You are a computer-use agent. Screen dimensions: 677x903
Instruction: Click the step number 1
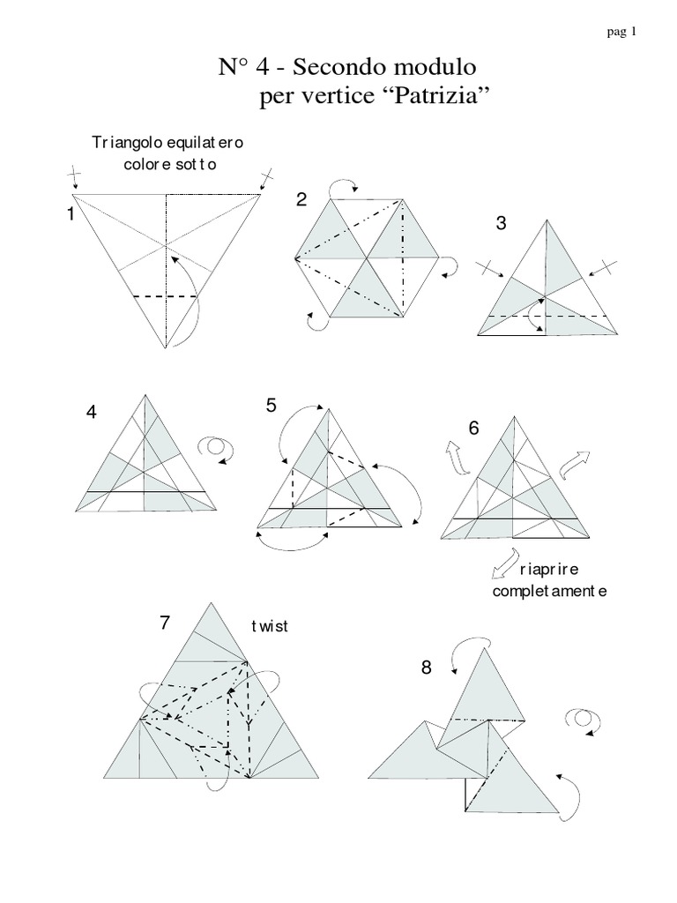tap(69, 213)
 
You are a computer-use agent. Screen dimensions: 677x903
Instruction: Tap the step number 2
tap(301, 200)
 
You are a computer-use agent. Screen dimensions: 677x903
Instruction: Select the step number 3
tap(501, 223)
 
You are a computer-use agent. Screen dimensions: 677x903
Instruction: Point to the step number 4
tap(92, 412)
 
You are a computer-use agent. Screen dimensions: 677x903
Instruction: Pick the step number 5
tap(272, 406)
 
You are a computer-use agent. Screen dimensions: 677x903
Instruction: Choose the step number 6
tap(473, 429)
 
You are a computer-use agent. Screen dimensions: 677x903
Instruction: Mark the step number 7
tap(165, 623)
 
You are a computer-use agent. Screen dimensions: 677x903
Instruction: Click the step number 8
tap(426, 668)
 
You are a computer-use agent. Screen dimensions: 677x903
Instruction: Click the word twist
tap(270, 627)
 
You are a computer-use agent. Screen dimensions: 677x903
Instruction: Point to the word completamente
tap(549, 591)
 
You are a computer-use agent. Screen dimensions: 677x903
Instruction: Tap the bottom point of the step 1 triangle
tap(166, 348)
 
